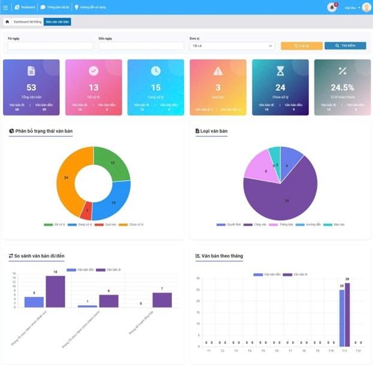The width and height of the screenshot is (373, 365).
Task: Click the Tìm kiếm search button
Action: pos(345,45)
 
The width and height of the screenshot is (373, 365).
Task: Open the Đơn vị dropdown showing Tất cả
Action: pos(232,45)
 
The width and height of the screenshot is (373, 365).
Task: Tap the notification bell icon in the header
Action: pos(332,7)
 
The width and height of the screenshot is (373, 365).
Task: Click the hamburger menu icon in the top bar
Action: pos(5,7)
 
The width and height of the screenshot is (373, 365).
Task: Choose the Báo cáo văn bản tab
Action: pos(57,22)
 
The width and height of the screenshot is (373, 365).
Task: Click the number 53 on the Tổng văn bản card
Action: pos(31,87)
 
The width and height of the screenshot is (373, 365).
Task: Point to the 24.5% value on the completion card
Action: pos(342,87)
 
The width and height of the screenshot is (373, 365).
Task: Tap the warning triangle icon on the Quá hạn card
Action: pos(218,71)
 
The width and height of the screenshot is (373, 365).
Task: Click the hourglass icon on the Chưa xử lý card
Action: pos(280,71)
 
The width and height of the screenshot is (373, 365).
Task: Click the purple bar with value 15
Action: pos(55,291)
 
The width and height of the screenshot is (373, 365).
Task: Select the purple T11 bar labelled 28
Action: pos(347,314)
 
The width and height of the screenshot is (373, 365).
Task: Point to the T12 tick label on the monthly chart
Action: pos(357,351)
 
